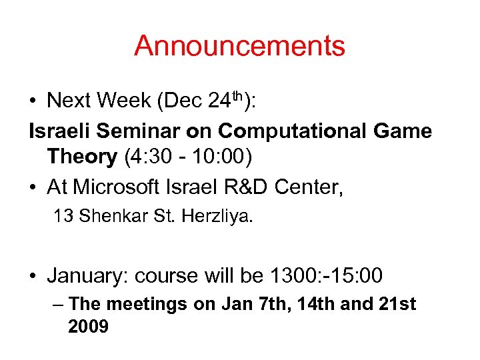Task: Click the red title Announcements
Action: coord(239,46)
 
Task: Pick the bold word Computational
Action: coord(299,131)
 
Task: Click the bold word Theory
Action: coord(82,157)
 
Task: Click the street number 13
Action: coord(63,216)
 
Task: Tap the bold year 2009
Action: coord(89,327)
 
